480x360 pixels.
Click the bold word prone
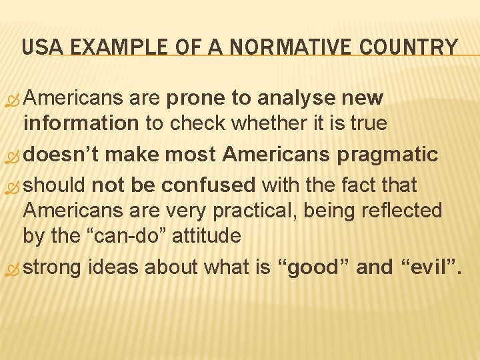click(x=196, y=99)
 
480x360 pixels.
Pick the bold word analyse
click(x=294, y=99)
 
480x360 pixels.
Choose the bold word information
click(x=80, y=124)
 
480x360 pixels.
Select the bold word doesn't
click(x=63, y=155)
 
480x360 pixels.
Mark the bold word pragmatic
click(x=388, y=155)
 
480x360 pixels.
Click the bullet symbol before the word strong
click(x=13, y=268)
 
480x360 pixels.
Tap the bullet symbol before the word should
click(x=13, y=186)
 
